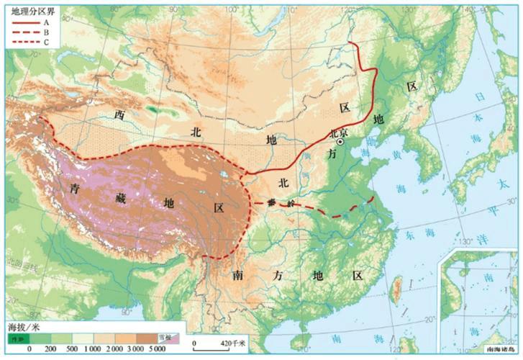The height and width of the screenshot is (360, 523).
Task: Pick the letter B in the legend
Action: click(46, 32)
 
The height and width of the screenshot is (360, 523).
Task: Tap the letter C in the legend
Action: click(46, 42)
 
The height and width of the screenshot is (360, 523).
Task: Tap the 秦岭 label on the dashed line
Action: click(275, 204)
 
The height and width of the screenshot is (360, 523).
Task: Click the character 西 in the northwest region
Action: click(119, 115)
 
